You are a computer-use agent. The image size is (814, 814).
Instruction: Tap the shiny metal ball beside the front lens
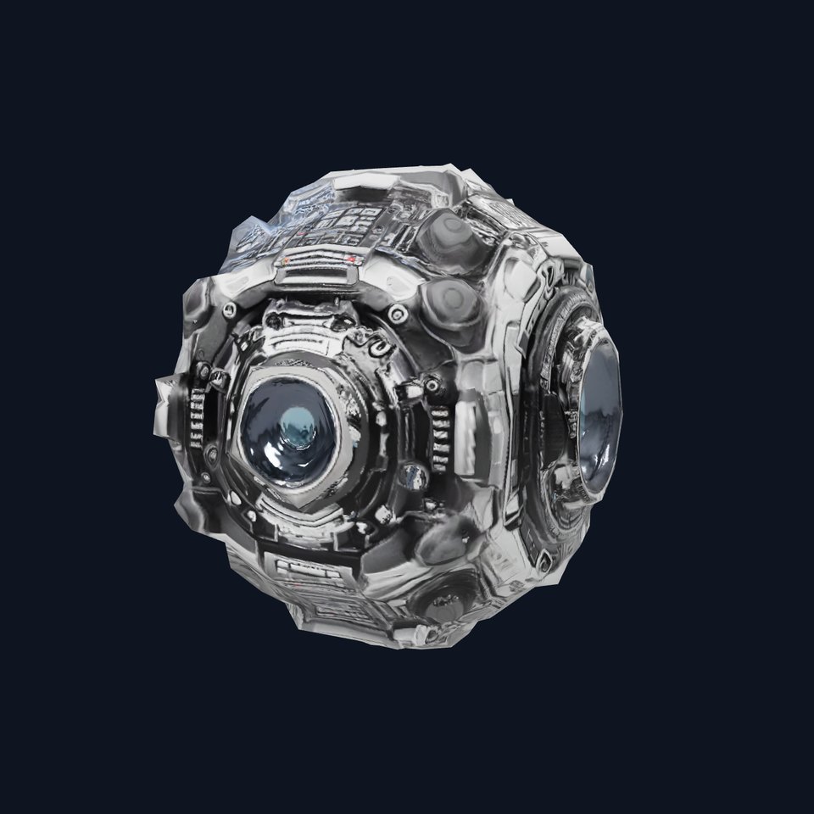tap(412, 474)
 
